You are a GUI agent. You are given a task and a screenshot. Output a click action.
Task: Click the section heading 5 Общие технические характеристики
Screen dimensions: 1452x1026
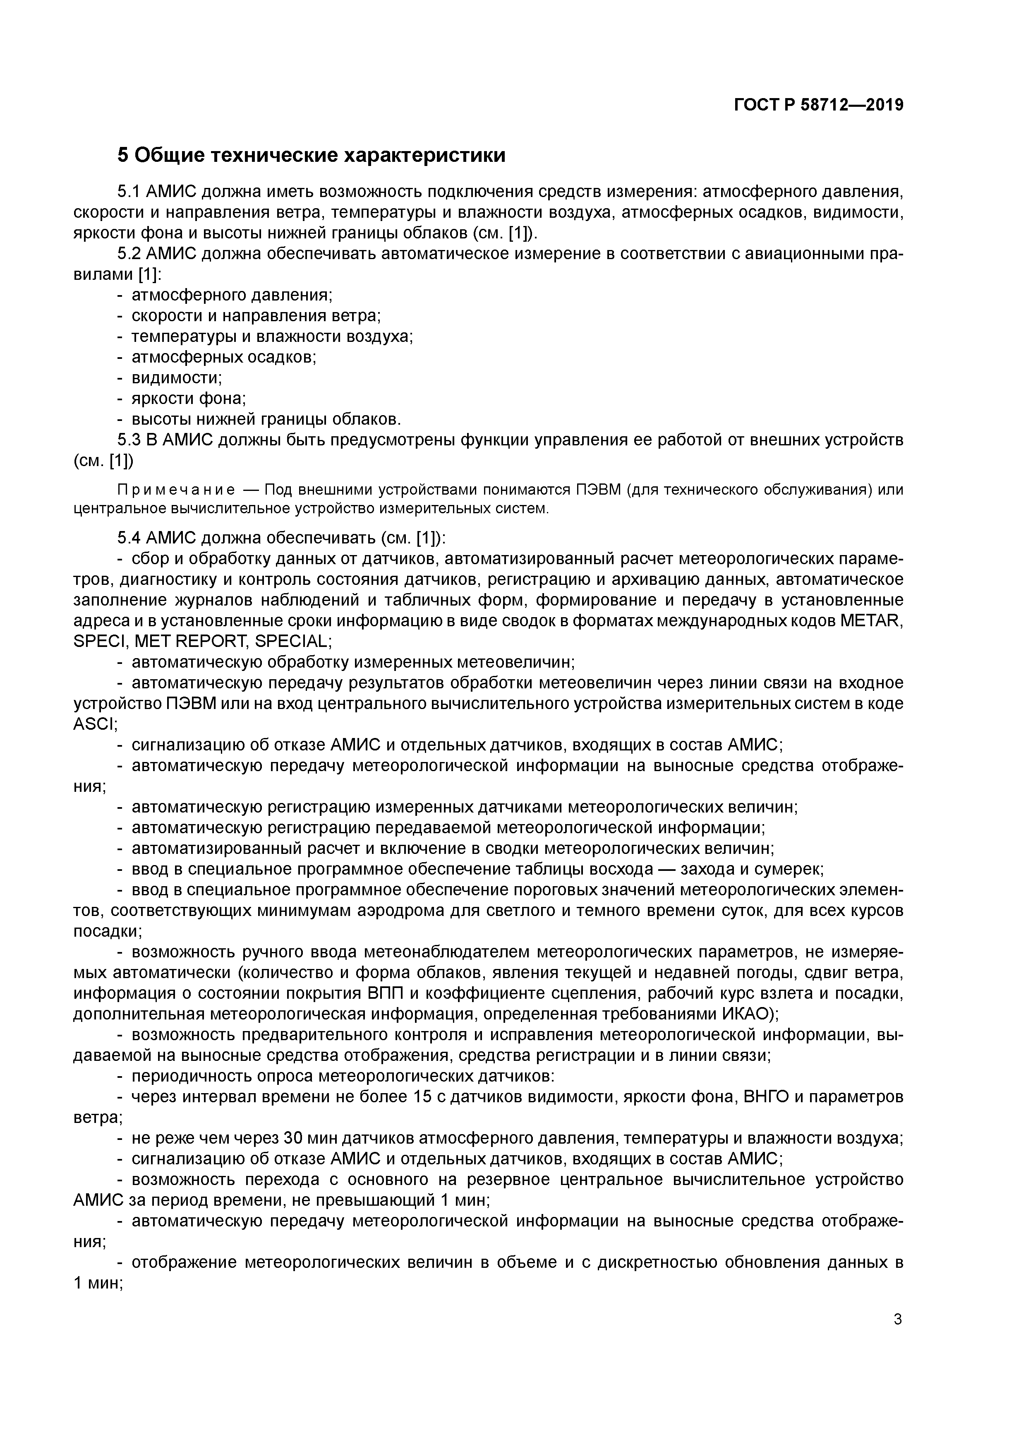pyautogui.click(x=311, y=156)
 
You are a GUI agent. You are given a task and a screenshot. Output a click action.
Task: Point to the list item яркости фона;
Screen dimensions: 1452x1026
pyautogui.click(x=188, y=399)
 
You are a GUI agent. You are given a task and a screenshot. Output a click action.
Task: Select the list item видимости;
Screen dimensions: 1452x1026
pyautogui.click(x=177, y=378)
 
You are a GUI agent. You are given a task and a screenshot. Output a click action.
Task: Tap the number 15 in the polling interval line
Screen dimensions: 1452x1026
pyautogui.click(x=422, y=1096)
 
